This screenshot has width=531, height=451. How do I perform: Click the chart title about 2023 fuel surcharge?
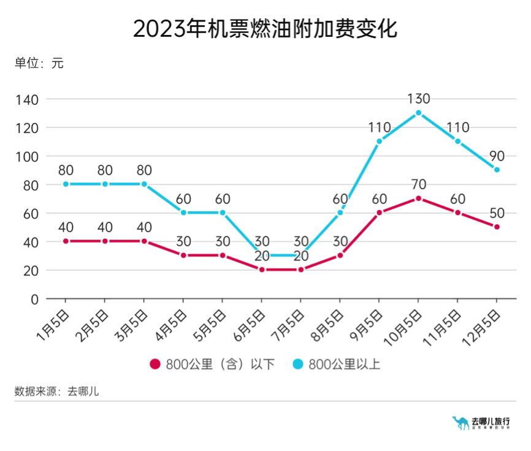tap(265, 29)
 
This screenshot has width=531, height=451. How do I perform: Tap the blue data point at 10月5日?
tap(418, 113)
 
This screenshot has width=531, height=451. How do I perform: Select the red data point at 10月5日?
tap(418, 199)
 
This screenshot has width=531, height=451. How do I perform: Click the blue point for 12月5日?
tap(497, 170)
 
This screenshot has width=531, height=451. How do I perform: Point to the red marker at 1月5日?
tap(66, 241)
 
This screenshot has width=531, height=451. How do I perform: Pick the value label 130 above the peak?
tap(418, 99)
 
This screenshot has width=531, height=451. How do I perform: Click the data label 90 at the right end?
tap(497, 156)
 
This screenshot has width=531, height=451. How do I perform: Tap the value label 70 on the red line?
tap(418, 184)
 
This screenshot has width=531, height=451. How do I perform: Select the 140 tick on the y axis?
tap(26, 99)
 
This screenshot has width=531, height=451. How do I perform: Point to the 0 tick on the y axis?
tap(34, 299)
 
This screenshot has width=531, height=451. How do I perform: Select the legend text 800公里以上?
tap(344, 364)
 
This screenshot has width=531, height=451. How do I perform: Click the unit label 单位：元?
tap(39, 63)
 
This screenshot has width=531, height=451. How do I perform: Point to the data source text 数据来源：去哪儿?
tap(56, 391)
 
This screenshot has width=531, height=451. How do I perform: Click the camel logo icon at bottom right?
tap(459, 423)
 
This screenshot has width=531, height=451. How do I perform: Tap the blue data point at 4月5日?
tap(183, 213)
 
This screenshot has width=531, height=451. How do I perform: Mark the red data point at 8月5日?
tap(340, 256)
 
